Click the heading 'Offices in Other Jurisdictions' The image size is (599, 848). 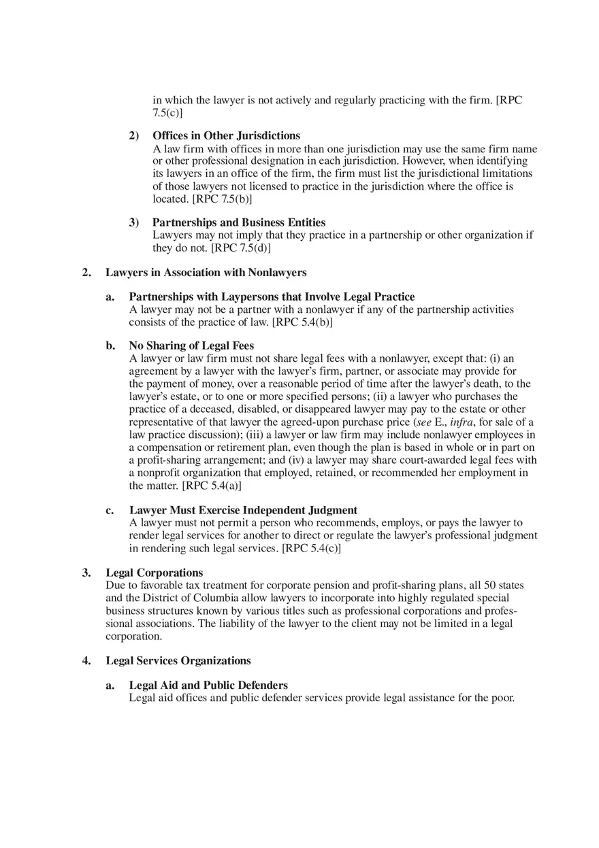(x=226, y=136)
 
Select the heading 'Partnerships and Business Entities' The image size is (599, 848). (x=239, y=222)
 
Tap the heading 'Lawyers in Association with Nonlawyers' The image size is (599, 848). (x=206, y=273)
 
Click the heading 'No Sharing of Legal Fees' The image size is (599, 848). (x=191, y=345)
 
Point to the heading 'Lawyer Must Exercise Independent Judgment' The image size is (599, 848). (x=243, y=510)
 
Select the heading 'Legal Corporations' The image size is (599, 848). (x=154, y=573)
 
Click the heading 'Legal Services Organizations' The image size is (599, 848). (x=178, y=661)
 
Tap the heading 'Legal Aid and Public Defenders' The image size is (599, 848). (x=208, y=685)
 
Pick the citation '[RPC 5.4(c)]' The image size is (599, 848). (x=311, y=548)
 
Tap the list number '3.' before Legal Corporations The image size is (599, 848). (x=86, y=573)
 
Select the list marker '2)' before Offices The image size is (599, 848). (x=134, y=136)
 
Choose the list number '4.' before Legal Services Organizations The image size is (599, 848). (x=86, y=661)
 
